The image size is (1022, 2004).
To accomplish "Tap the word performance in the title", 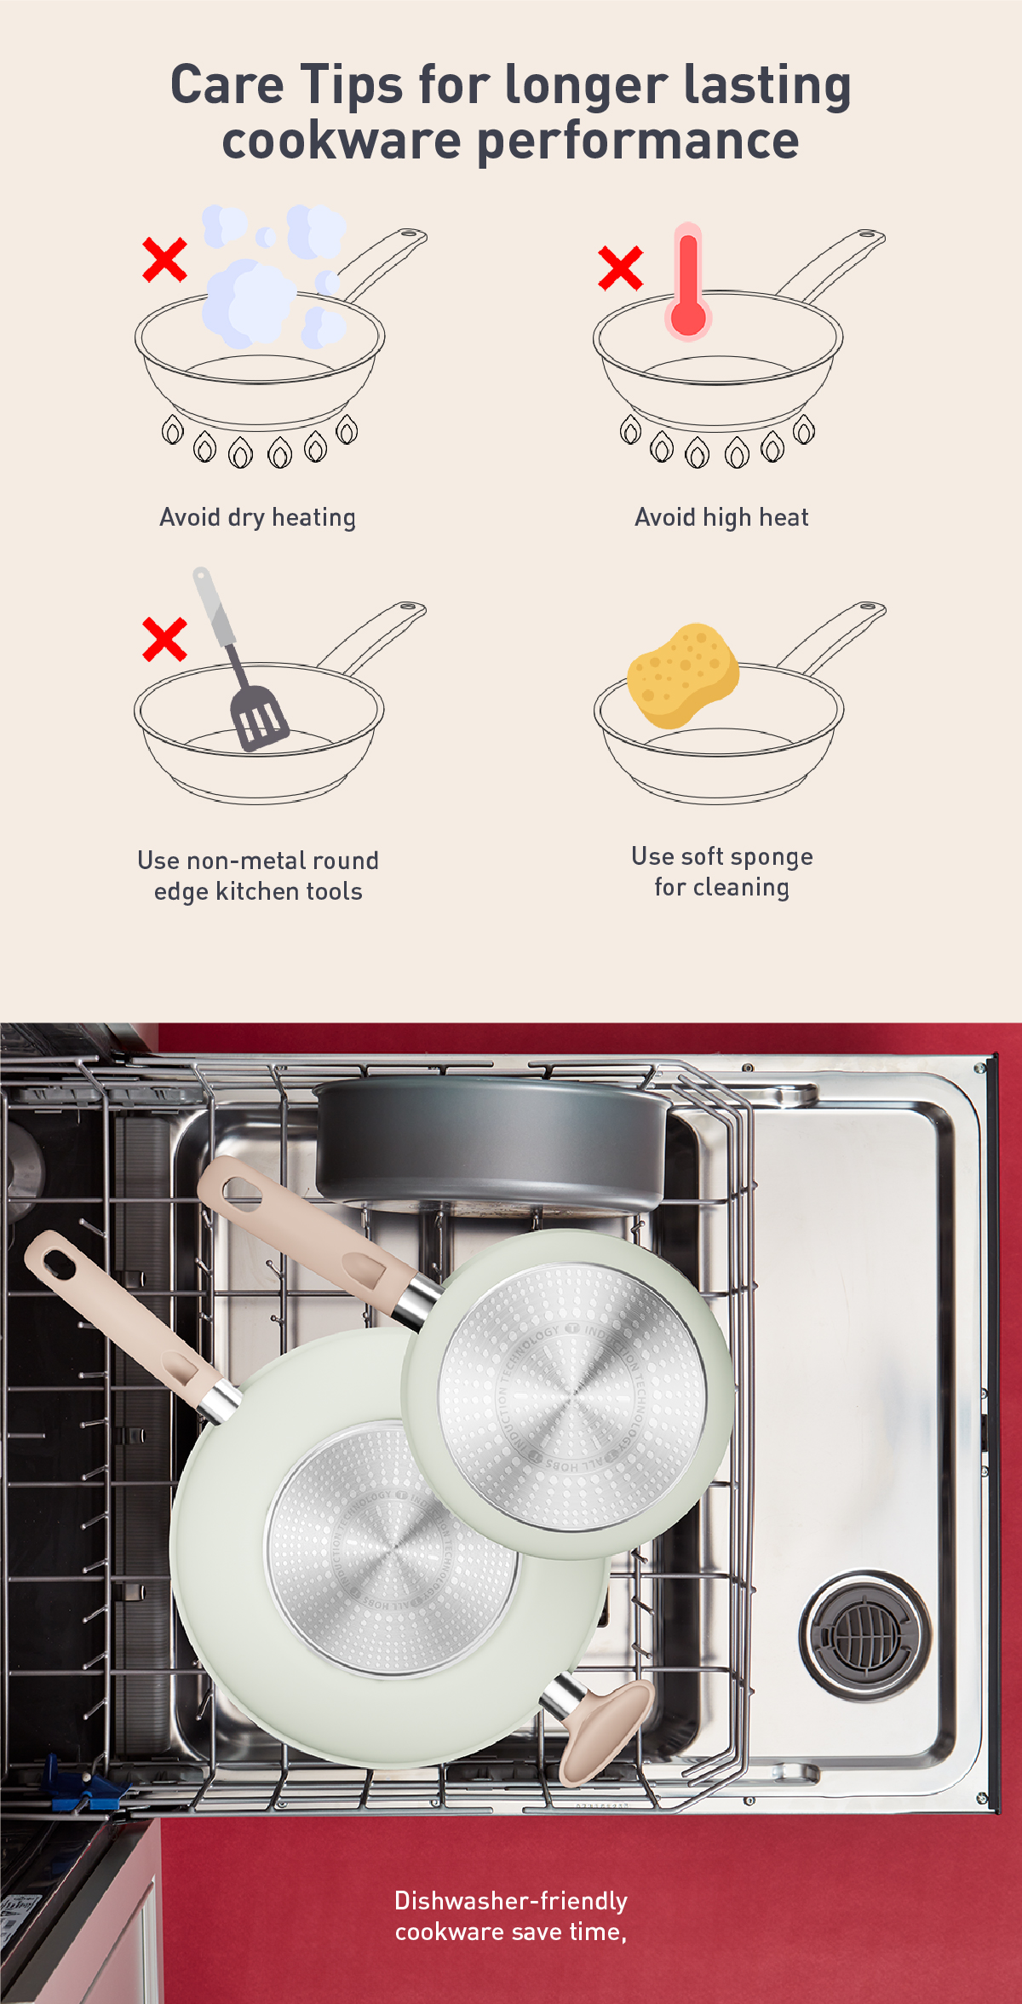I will tap(638, 141).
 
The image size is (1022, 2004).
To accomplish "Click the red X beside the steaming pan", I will tap(164, 260).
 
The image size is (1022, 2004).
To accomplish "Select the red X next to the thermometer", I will tap(620, 268).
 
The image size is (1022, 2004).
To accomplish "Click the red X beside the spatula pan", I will tap(164, 639).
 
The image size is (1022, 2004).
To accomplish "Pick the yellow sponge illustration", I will tap(683, 676).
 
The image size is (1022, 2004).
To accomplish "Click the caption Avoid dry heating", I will tap(257, 517).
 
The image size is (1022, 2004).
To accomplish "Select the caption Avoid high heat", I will tap(721, 517).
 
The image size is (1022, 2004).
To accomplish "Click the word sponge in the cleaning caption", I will tap(772, 857).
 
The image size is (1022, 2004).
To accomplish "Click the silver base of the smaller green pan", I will tap(571, 1397).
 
